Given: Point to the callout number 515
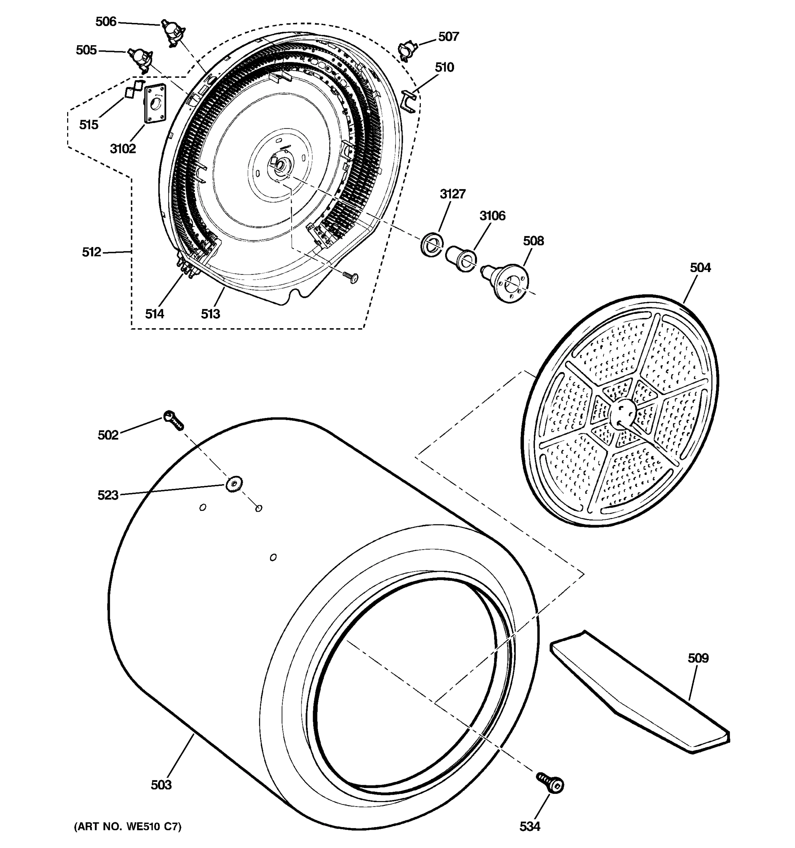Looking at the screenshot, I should pyautogui.click(x=89, y=125).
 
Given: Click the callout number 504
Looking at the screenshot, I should pyautogui.click(x=700, y=268).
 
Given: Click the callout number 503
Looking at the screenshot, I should pyautogui.click(x=161, y=785).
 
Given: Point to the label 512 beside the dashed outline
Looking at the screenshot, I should pyautogui.click(x=91, y=252).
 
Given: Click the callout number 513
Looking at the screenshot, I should pyautogui.click(x=210, y=314).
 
